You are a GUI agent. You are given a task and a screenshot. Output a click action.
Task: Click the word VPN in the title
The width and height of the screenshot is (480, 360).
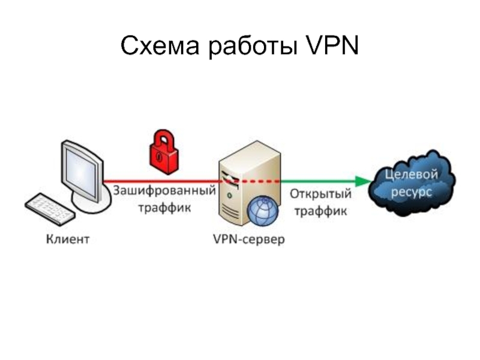[x=331, y=46]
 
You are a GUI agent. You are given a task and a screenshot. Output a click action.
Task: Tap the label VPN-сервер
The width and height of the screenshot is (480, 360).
[x=249, y=240]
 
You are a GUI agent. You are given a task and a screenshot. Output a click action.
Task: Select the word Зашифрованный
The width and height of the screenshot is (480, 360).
[x=164, y=193]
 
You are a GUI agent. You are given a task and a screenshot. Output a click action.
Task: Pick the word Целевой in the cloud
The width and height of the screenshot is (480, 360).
[x=412, y=175]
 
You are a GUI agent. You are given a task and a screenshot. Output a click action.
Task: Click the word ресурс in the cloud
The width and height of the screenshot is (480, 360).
[x=412, y=192]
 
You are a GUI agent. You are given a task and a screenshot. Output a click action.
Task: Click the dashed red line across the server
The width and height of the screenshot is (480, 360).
[x=252, y=181]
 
